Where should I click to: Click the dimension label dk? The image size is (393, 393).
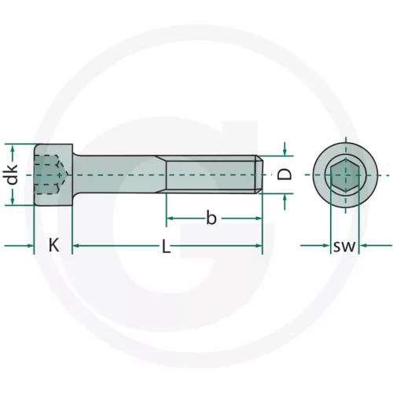pyautogui.click(x=12, y=174)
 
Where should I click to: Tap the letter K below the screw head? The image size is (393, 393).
pyautogui.click(x=53, y=245)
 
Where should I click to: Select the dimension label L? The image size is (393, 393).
pyautogui.click(x=166, y=246)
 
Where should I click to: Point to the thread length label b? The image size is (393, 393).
pyautogui.click(x=211, y=218)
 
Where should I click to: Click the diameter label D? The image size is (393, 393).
pyautogui.click(x=285, y=174)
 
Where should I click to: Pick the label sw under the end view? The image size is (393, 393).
pyautogui.click(x=344, y=246)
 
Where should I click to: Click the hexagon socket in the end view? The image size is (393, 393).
pyautogui.click(x=345, y=174)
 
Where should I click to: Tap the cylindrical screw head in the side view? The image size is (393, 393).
pyautogui.click(x=53, y=174)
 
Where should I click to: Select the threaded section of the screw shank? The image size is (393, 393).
pyautogui.click(x=211, y=174)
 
